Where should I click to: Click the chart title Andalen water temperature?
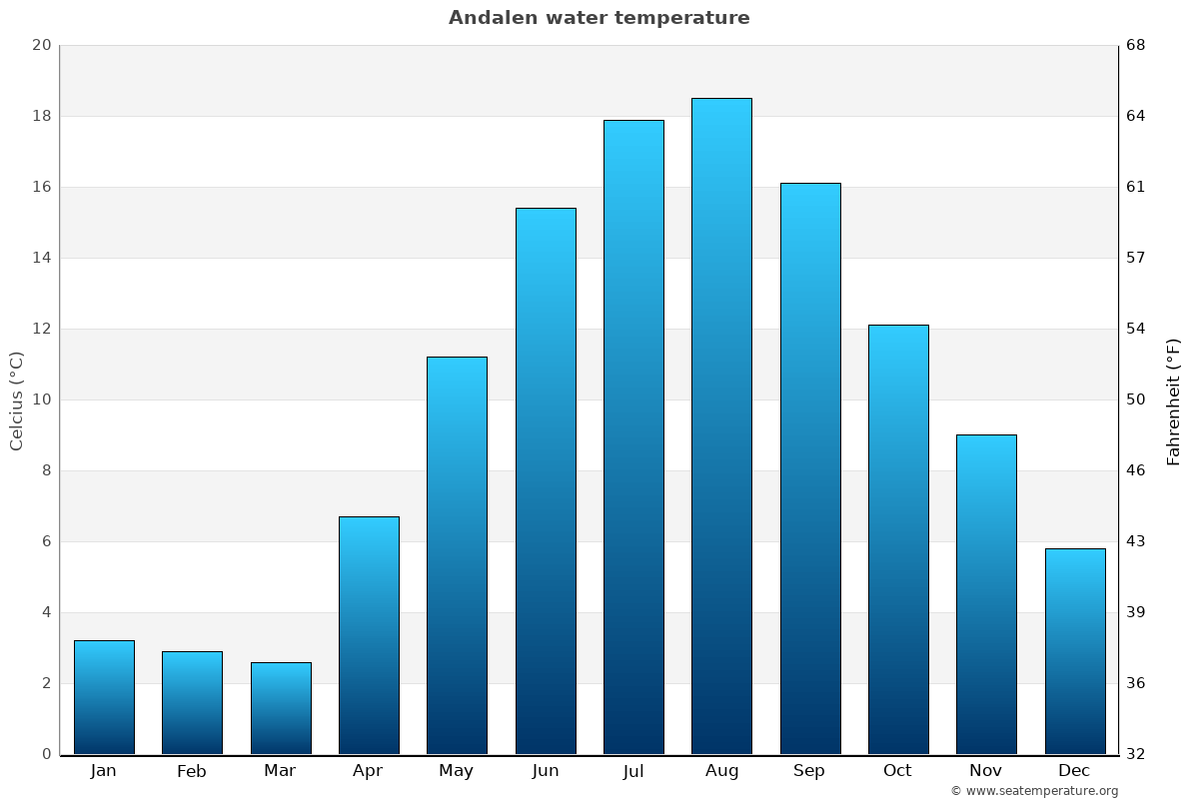tap(599, 18)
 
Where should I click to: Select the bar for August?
tap(721, 426)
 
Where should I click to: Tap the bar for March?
tap(281, 708)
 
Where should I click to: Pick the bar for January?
tap(104, 697)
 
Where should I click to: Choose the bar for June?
tap(546, 481)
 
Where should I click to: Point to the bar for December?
tap(1075, 651)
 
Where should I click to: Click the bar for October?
tap(898, 539)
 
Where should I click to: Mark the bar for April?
tap(369, 635)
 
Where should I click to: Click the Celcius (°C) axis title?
tap(17, 400)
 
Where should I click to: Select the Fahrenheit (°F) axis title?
tap(1174, 400)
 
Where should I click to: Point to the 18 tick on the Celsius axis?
tap(41, 116)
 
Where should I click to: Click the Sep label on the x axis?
tap(809, 771)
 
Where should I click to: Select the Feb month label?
tap(192, 771)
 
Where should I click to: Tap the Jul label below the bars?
tap(633, 771)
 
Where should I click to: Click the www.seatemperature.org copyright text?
tap(1034, 791)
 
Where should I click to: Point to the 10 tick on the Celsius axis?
tap(41, 399)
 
